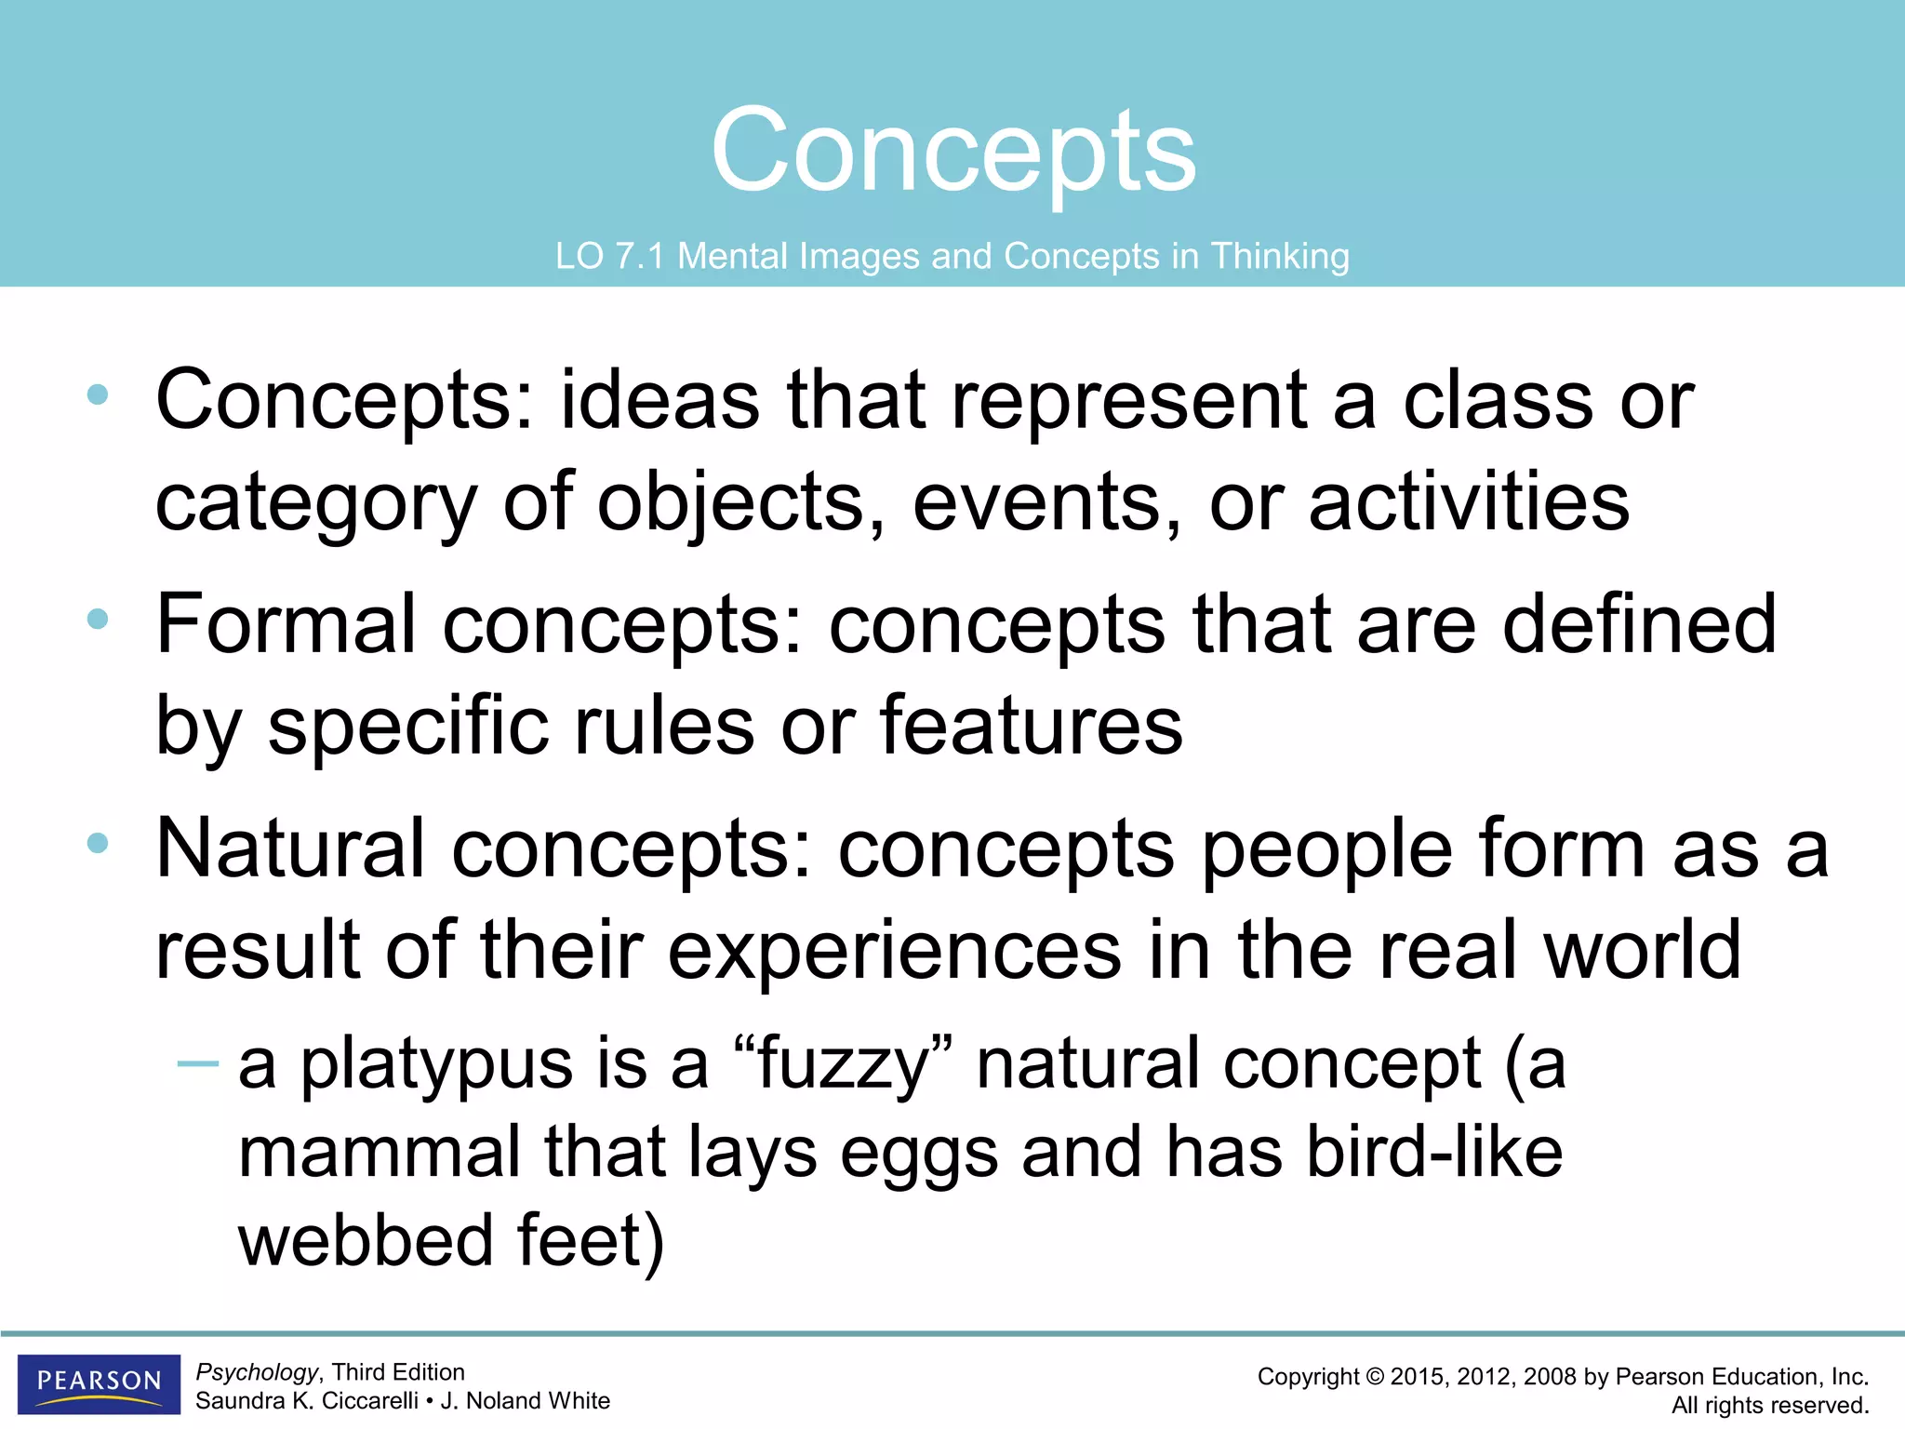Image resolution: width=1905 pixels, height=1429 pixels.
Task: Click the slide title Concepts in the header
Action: pos(953,151)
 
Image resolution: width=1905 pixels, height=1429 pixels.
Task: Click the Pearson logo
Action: pos(99,1382)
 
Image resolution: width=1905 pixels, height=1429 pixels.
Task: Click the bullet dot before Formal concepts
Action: pos(98,620)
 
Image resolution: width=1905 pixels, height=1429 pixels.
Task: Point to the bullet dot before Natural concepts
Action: pos(98,844)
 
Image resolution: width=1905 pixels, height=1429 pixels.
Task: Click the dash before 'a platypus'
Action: pos(197,1062)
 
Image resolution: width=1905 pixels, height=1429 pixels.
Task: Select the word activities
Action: pos(1469,501)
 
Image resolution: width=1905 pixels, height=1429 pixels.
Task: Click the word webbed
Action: pos(366,1241)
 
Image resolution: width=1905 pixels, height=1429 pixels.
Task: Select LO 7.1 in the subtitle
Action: pos(609,256)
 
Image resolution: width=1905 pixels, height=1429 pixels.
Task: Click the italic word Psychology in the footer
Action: pos(257,1372)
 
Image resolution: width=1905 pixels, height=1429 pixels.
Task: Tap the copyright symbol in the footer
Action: pos(1374,1377)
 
